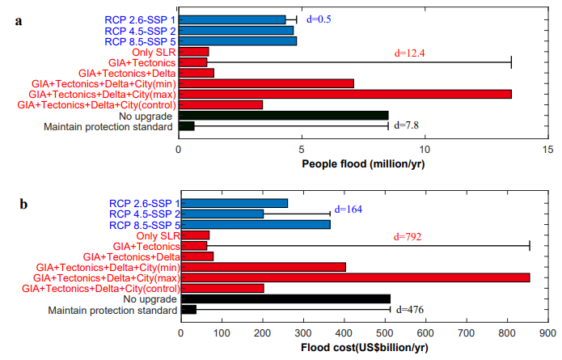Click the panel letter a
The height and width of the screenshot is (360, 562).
pyautogui.click(x=19, y=21)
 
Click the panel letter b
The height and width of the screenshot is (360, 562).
pyautogui.click(x=23, y=204)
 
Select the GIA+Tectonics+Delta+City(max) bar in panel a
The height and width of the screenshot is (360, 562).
pyautogui.click(x=345, y=95)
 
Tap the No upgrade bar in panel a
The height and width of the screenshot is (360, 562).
pyautogui.click(x=284, y=116)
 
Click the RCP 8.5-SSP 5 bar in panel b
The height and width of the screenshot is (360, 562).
pyautogui.click(x=256, y=225)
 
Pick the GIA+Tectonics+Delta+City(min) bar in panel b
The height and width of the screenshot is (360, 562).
pyautogui.click(x=264, y=267)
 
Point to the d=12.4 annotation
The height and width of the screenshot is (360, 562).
pyautogui.click(x=409, y=53)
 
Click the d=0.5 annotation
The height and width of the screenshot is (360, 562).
pyautogui.click(x=319, y=19)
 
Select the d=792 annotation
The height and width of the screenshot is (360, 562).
pyautogui.click(x=408, y=237)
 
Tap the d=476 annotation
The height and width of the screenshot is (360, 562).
pyautogui.click(x=410, y=310)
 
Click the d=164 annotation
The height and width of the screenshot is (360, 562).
pyautogui.click(x=348, y=209)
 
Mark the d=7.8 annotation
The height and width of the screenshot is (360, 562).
pyautogui.click(x=406, y=125)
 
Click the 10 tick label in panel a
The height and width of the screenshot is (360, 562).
pyautogui.click(x=425, y=150)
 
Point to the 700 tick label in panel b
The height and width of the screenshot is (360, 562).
pyautogui.click(x=467, y=333)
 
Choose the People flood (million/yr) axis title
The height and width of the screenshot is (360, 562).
pyautogui.click(x=363, y=164)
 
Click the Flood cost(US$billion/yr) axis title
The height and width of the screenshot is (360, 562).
pyautogui.click(x=365, y=347)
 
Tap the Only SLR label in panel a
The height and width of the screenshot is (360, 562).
pyautogui.click(x=154, y=53)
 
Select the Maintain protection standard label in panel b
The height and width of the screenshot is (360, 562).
pyautogui.click(x=112, y=310)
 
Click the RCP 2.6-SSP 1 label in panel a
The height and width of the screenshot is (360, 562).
pyautogui.click(x=140, y=20)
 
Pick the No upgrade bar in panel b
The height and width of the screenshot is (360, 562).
pyautogui.click(x=285, y=299)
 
